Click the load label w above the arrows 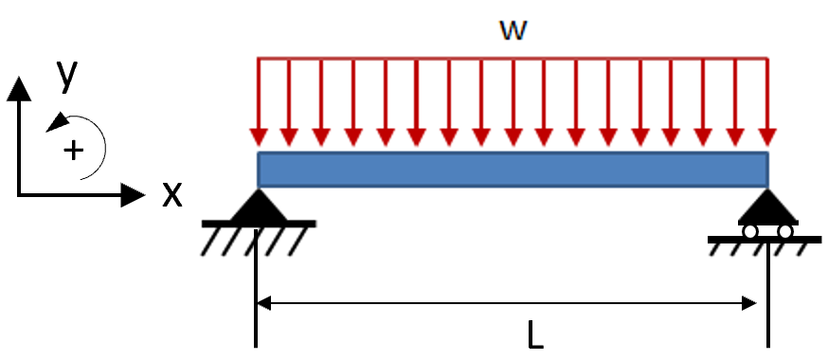[x=513, y=28]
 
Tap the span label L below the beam [x=535, y=334]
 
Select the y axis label [x=66, y=75]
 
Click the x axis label [x=171, y=194]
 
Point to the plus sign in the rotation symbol [x=71, y=150]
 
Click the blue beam [x=513, y=170]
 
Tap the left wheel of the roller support [x=749, y=231]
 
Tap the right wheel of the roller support [x=785, y=231]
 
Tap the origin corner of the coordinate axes [x=19, y=196]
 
